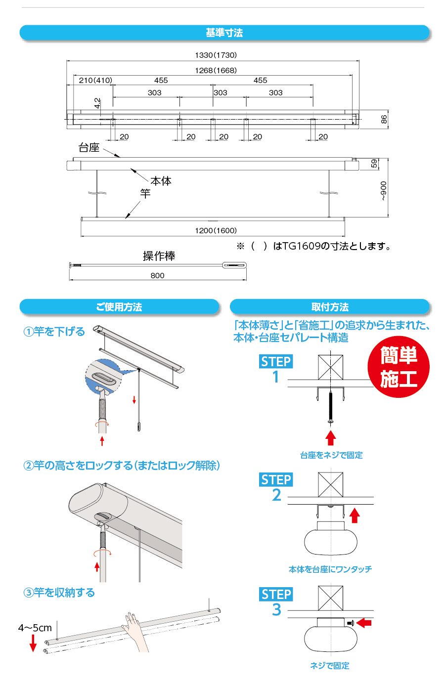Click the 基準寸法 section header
coord(224,33)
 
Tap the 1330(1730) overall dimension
coord(216,55)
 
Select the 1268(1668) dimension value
coord(216,70)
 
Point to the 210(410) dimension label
coord(95,80)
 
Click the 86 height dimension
coord(384,119)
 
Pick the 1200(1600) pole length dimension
coord(216,230)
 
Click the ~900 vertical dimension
coord(384,191)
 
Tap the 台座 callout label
coord(89,147)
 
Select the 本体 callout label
coord(161,181)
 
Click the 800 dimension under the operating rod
coord(157,275)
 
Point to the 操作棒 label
coord(159,256)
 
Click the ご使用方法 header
coord(119,307)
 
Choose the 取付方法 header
coord(330,307)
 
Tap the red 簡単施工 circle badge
coord(399,367)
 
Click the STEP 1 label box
coord(276,361)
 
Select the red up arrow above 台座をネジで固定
coord(330,438)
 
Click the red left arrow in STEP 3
coord(363,623)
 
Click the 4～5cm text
coord(35,628)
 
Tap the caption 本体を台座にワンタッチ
coord(330,569)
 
